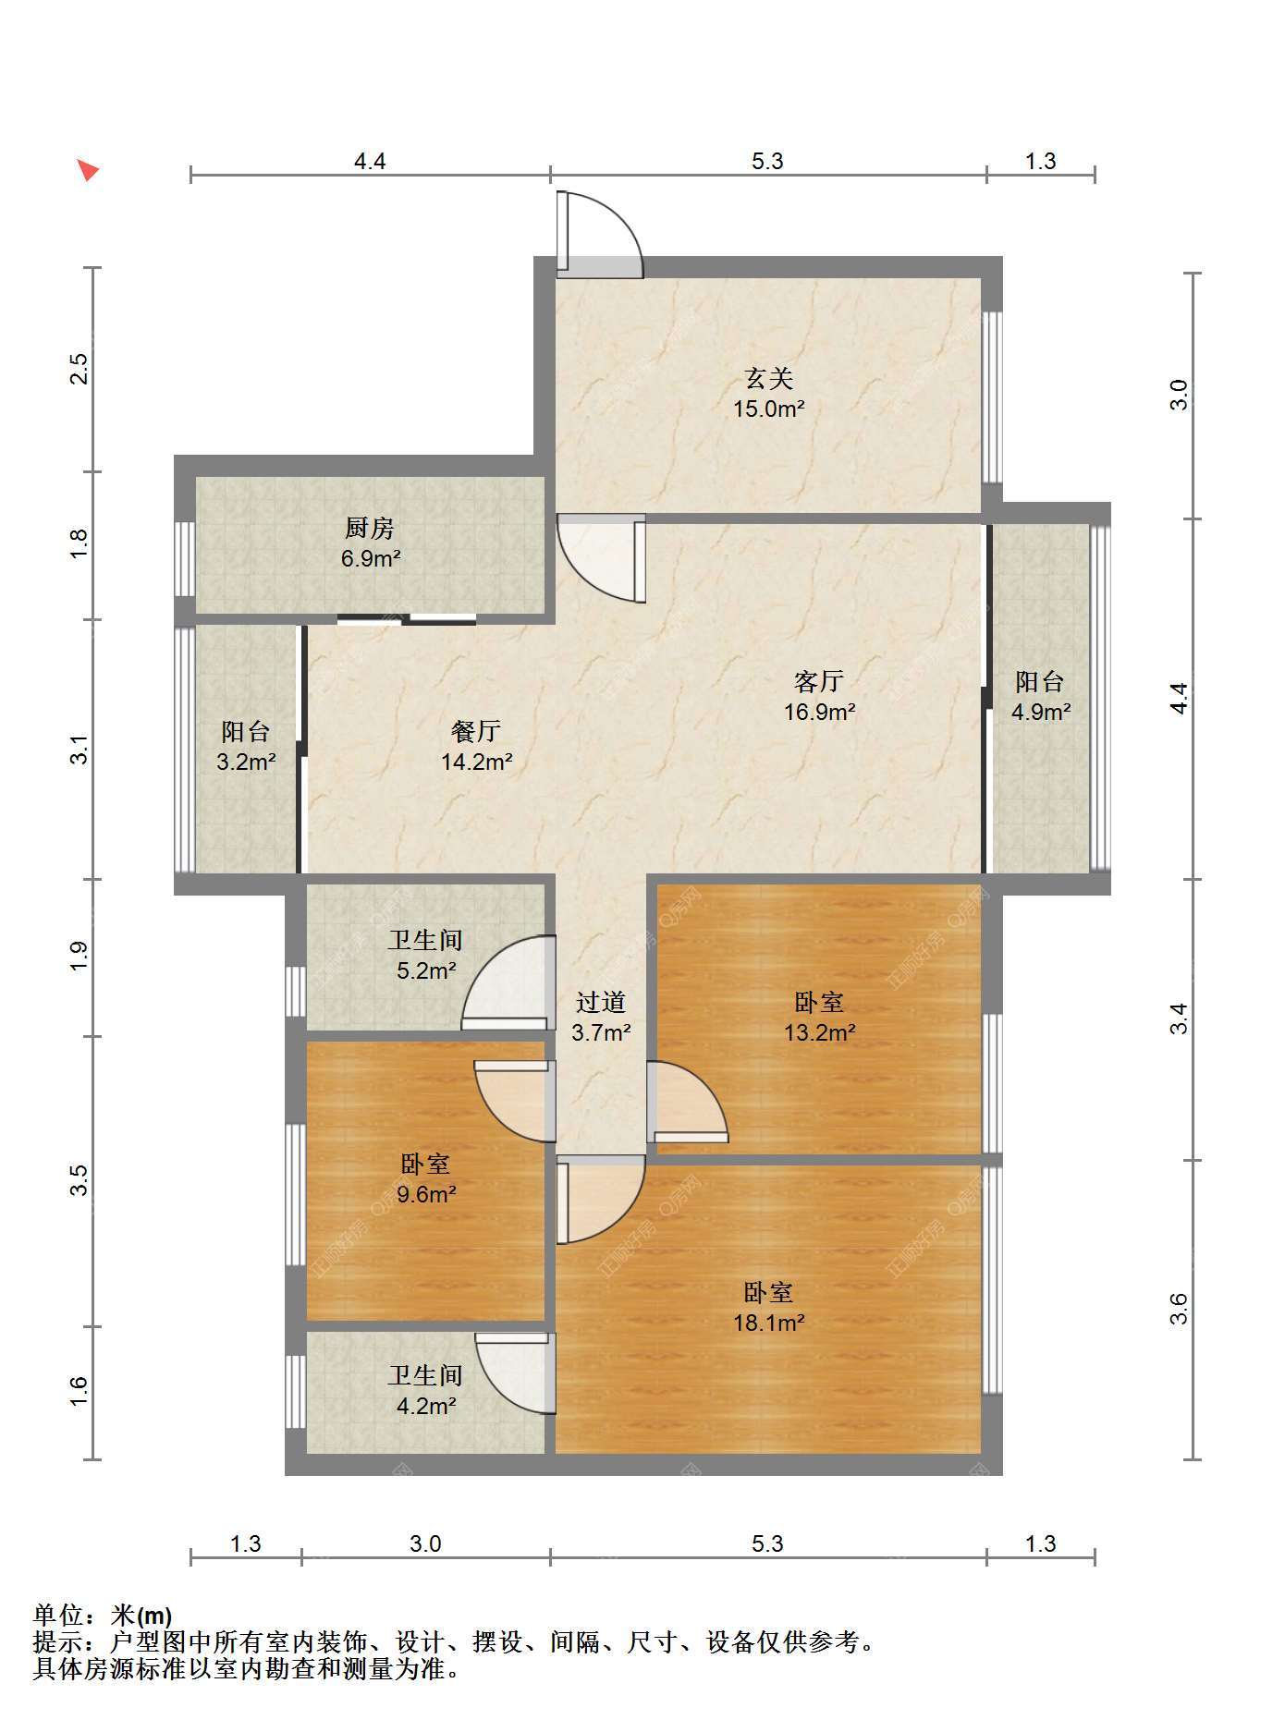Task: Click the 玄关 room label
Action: pyautogui.click(x=769, y=378)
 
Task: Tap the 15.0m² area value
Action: pyautogui.click(x=769, y=409)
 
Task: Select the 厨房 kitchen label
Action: pyautogui.click(x=370, y=528)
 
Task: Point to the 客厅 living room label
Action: pyautogui.click(x=819, y=681)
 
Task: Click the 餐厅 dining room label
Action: pyautogui.click(x=476, y=731)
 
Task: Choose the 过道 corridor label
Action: pyautogui.click(x=601, y=1002)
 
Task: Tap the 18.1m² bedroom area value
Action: pyautogui.click(x=769, y=1323)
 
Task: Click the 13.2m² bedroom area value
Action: pyautogui.click(x=819, y=1032)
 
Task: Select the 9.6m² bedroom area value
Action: pyautogui.click(x=426, y=1194)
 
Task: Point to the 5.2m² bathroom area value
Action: pyautogui.click(x=426, y=970)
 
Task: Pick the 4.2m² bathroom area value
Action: pyautogui.click(x=426, y=1406)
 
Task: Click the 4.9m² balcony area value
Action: pyautogui.click(x=1041, y=712)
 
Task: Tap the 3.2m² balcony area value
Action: pyautogui.click(x=246, y=762)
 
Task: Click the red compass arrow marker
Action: pyautogui.click(x=87, y=169)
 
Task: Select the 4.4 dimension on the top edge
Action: pyautogui.click(x=370, y=161)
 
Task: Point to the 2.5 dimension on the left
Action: pyautogui.click(x=80, y=369)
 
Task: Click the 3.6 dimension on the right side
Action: pyautogui.click(x=1179, y=1309)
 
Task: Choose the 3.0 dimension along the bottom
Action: pyautogui.click(x=425, y=1543)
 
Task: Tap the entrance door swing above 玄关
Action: pyautogui.click(x=599, y=234)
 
